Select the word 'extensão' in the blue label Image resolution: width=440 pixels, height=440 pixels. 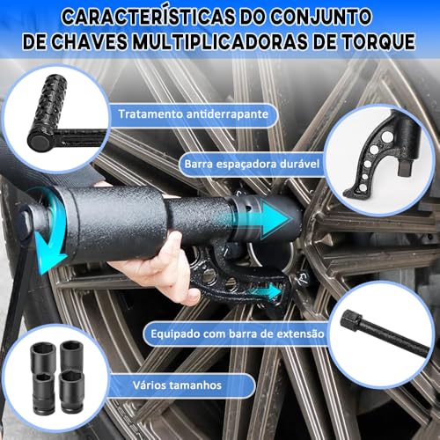(301, 334)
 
